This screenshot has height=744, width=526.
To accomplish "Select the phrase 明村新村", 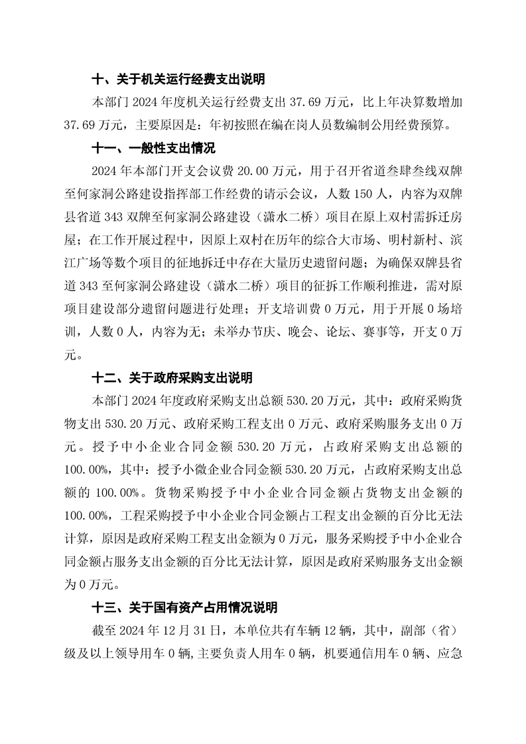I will coord(402,240).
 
